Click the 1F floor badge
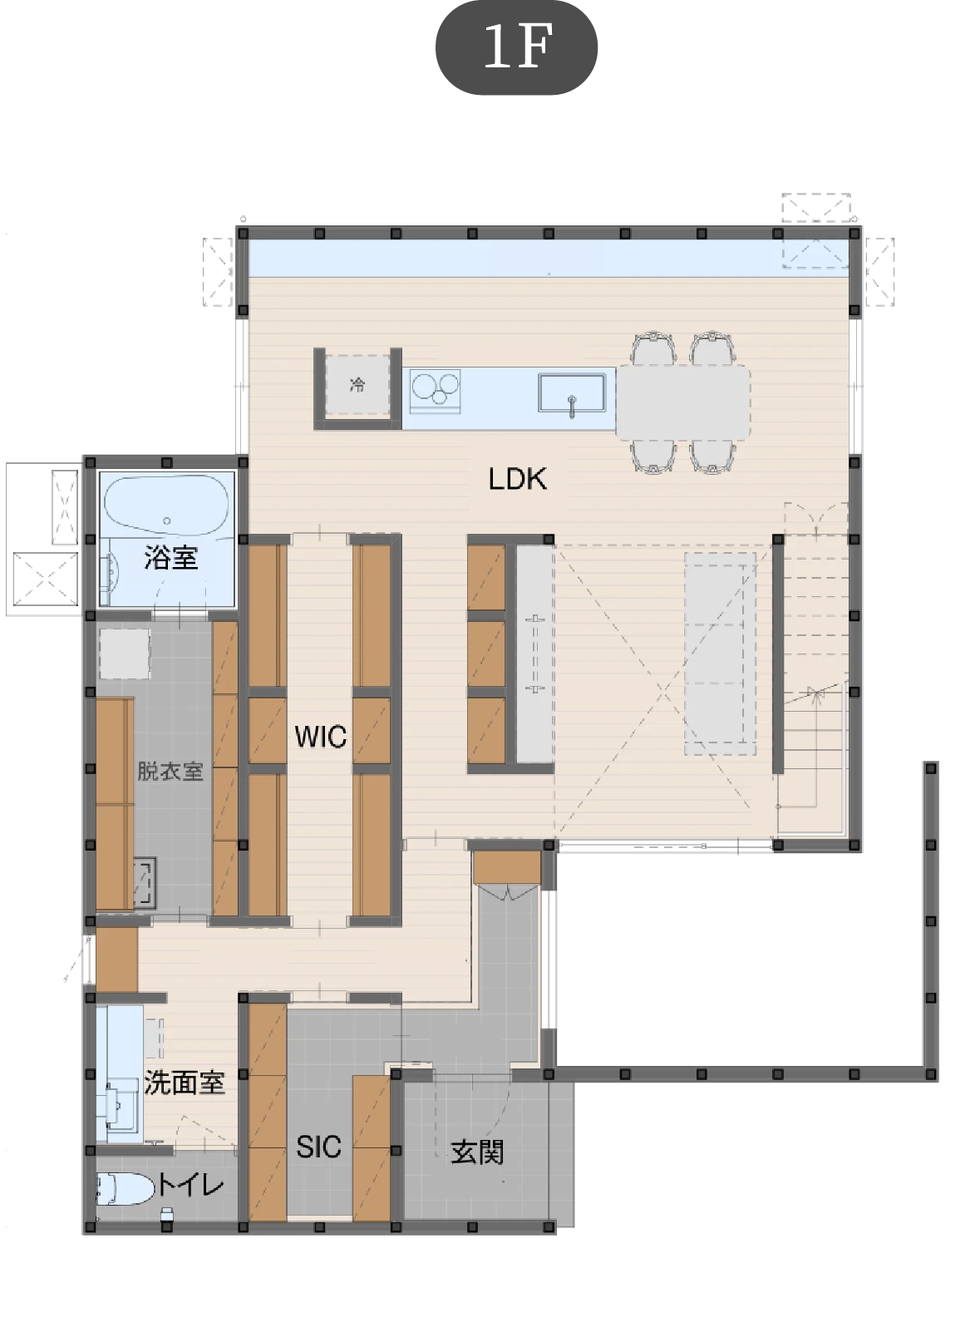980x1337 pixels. click(x=516, y=47)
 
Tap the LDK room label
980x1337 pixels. click(x=518, y=479)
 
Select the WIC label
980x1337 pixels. click(x=321, y=737)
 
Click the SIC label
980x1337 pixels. click(x=318, y=1147)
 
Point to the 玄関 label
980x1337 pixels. click(x=477, y=1152)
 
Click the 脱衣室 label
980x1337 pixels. click(x=170, y=771)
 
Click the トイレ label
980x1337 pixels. click(x=190, y=1185)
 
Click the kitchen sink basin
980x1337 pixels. click(x=572, y=392)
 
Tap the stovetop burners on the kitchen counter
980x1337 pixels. click(x=436, y=391)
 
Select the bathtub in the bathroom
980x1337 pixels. click(x=167, y=505)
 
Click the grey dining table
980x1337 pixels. click(x=683, y=403)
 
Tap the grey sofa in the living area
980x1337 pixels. click(x=721, y=653)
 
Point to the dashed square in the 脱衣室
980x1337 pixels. click(x=124, y=653)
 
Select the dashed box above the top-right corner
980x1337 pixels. click(x=816, y=208)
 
